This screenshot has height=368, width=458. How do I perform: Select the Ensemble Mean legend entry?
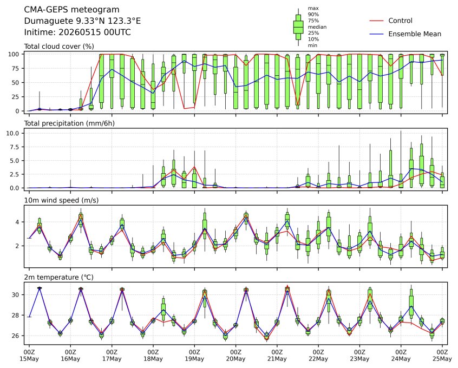405,34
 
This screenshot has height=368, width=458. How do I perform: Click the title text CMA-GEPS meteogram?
71,10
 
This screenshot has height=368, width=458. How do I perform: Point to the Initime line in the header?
77,32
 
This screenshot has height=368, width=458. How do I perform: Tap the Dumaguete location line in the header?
82,21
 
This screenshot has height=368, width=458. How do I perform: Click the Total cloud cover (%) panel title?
59,47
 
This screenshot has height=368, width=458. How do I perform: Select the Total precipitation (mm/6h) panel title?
69,123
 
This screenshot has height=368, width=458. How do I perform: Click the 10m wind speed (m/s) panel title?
61,200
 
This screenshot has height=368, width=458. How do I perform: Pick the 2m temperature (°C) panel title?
58,277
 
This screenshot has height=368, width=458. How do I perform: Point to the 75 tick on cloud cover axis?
16,68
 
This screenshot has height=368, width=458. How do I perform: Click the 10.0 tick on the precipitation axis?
12,133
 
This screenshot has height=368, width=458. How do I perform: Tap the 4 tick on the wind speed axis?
17,222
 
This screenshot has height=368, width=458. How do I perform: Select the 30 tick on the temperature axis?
16,295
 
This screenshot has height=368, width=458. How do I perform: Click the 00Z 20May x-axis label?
235,356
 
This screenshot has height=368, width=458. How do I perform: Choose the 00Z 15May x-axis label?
29,356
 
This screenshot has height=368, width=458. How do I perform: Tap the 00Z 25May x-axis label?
442,356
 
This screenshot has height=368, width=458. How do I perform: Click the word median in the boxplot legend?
317,27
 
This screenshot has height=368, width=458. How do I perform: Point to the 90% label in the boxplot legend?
313,15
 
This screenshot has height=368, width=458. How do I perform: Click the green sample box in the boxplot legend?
298,27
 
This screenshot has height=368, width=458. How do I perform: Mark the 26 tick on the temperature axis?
16,336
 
